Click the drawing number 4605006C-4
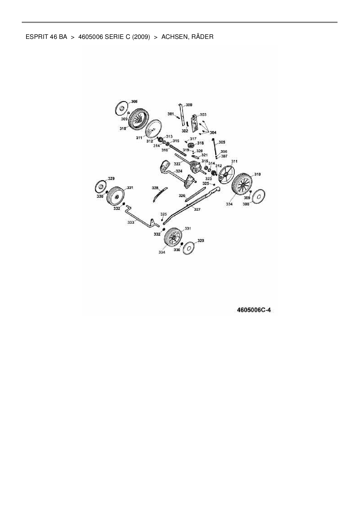pos(254,310)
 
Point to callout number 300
pos(189,105)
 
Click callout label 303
pos(203,115)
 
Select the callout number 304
pos(213,133)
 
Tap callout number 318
pos(200,143)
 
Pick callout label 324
pos(179,171)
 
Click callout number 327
pos(197,209)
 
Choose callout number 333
pos(131,222)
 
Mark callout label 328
pos(155,188)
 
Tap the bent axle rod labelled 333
pos(139,217)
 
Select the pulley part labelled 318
pos(191,145)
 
